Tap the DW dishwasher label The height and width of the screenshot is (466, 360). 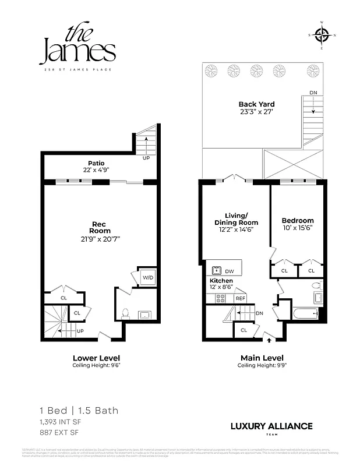pos(229,271)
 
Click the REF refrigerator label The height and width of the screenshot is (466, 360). pos(239,298)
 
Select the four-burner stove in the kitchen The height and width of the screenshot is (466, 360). pos(221,298)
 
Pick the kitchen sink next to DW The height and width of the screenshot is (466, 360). pos(216,270)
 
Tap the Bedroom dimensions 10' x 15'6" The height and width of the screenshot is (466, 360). pos(297,228)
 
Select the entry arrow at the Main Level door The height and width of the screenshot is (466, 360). pos(269,334)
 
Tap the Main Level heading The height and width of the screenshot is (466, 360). pos(262,358)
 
